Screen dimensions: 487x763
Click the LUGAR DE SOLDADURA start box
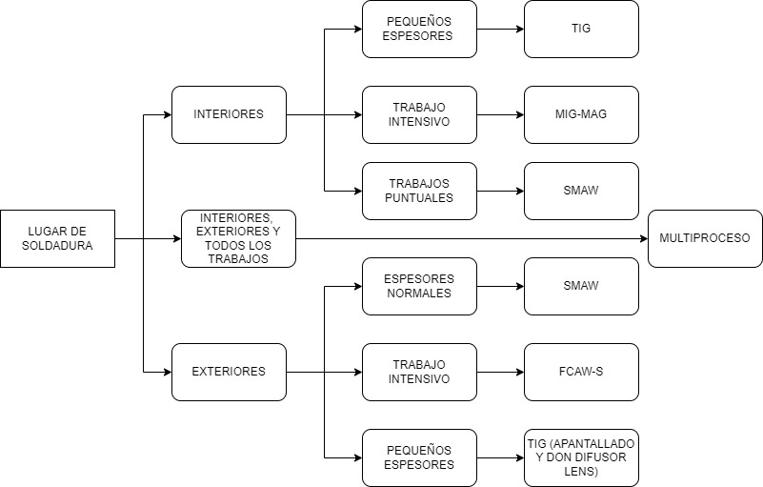pos(57,238)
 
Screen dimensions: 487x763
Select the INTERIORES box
pos(229,114)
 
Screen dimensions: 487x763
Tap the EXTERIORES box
pos(229,372)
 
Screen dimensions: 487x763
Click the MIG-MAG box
pos(581,114)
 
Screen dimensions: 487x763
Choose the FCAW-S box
pos(581,372)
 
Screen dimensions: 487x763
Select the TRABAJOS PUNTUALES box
pos(419,191)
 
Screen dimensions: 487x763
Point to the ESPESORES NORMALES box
pos(419,286)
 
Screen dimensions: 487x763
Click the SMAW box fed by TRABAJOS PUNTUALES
pos(581,191)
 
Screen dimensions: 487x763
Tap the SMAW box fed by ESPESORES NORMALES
pos(581,286)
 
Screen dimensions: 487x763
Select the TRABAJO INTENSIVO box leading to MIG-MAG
pos(419,114)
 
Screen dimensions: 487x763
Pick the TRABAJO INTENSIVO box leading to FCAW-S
pos(419,372)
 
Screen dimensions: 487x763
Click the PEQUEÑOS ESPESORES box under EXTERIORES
pos(419,457)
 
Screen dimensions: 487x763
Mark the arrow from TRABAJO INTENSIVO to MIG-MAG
pos(500,114)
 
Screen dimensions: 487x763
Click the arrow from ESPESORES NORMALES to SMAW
pos(500,286)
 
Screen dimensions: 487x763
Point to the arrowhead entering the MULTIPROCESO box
pos(642,238)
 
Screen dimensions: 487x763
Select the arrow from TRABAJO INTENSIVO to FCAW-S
pos(500,372)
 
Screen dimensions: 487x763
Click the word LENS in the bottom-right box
pos(581,472)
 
